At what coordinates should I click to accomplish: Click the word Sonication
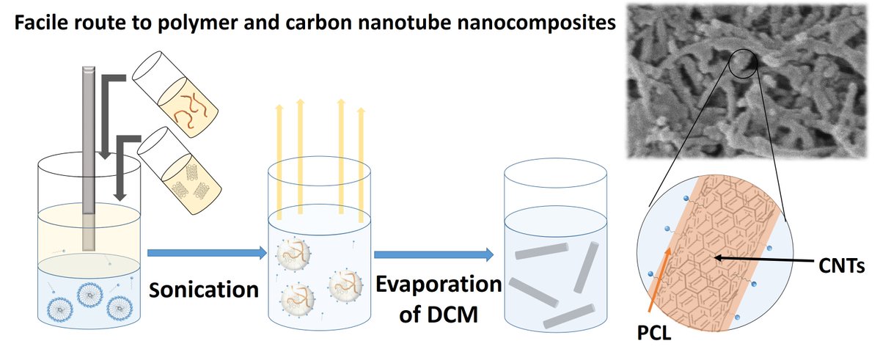click(x=205, y=289)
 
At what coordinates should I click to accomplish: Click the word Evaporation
click(x=438, y=284)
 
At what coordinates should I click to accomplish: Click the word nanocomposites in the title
click(x=537, y=24)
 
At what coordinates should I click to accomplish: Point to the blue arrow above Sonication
click(x=205, y=253)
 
